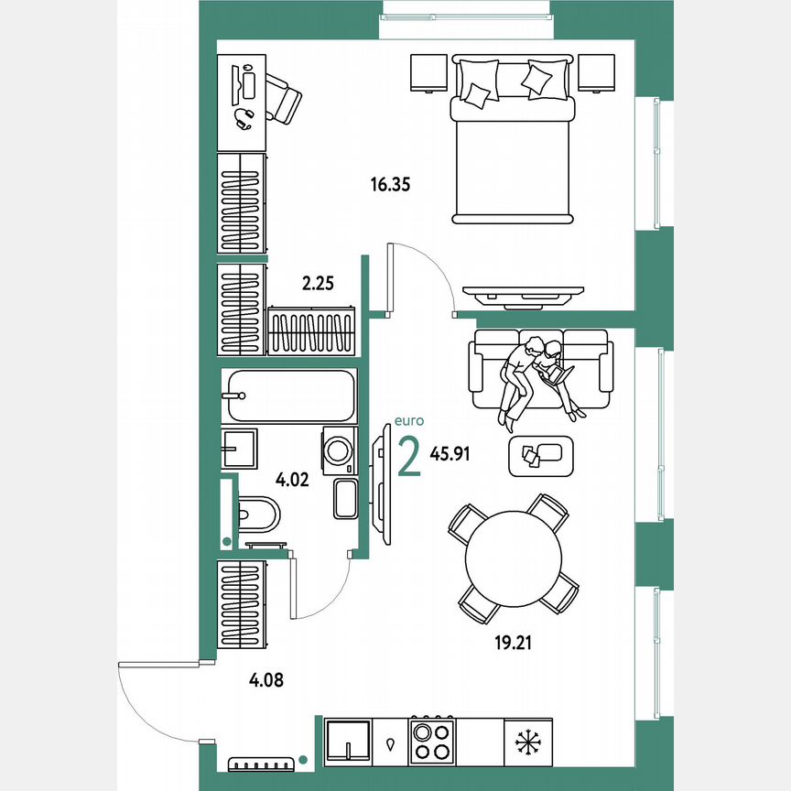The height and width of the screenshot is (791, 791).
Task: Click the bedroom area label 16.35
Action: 389,184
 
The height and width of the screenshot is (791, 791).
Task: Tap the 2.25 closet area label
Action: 318,284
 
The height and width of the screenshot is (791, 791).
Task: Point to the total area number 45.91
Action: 450,453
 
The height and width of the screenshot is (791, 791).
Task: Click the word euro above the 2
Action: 408,421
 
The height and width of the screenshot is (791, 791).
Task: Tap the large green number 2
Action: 409,457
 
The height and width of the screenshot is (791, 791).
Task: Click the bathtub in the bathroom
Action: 289,395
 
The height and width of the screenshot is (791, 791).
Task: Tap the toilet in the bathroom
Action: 257,514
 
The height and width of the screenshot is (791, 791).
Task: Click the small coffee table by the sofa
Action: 540,455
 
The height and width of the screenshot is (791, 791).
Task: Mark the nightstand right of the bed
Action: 597,73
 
